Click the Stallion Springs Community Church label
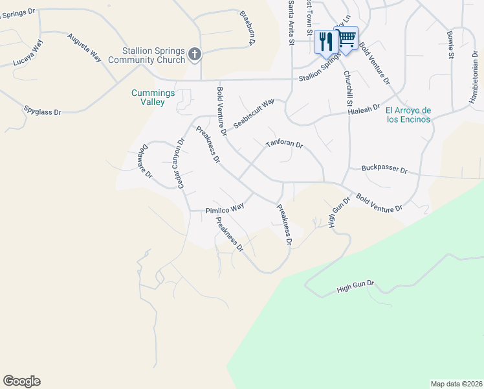tap(155, 56)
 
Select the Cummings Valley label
tap(153, 98)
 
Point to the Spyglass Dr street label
tap(42, 112)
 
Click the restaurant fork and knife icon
tap(325, 41)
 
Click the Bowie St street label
tap(450, 44)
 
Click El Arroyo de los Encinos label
tap(408, 115)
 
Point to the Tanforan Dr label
tap(284, 143)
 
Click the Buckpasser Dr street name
tap(384, 170)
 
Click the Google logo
tap(21, 381)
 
